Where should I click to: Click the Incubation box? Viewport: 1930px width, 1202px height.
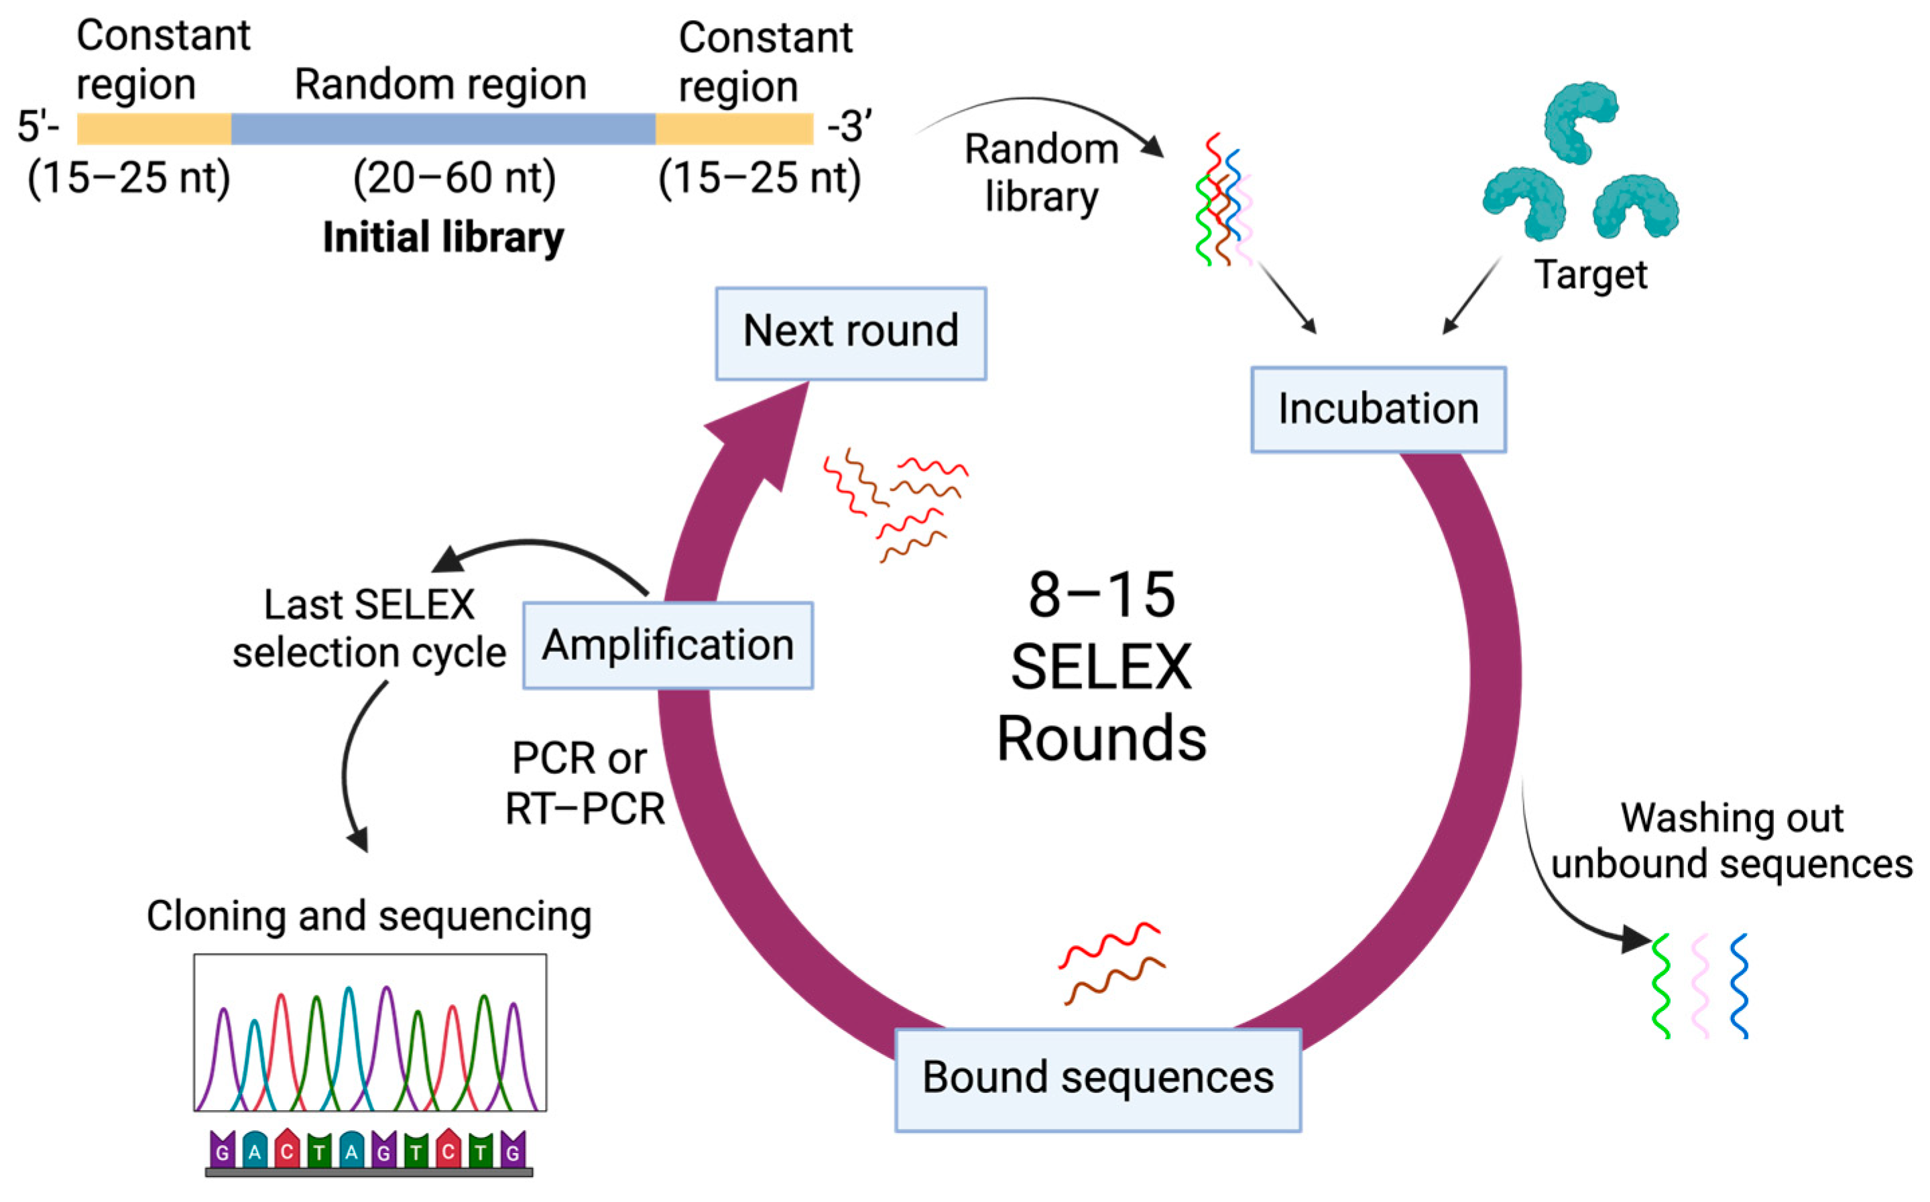[x=1378, y=409]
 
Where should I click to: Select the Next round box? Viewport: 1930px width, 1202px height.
[x=850, y=333]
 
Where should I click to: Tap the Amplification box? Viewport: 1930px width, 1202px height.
[x=667, y=645]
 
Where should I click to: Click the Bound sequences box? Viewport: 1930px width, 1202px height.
[x=1097, y=1079]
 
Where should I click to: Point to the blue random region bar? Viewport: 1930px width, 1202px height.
[x=443, y=129]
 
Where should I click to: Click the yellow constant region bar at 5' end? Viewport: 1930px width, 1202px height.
[x=154, y=129]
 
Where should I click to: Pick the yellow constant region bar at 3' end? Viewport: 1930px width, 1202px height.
[x=733, y=129]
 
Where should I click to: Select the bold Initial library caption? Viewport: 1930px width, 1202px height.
[x=443, y=238]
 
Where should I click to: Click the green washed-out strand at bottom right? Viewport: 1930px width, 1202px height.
[x=1661, y=986]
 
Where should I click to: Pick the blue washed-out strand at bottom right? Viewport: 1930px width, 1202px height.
[x=1739, y=986]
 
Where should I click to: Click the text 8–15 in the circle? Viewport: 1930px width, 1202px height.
[x=1101, y=596]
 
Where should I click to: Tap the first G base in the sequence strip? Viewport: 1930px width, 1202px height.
[x=223, y=1151]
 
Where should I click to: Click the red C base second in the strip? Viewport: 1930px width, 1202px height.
[x=287, y=1151]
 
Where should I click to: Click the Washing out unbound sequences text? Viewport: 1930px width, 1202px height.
[x=1731, y=840]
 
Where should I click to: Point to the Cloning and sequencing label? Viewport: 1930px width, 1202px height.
[x=369, y=916]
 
